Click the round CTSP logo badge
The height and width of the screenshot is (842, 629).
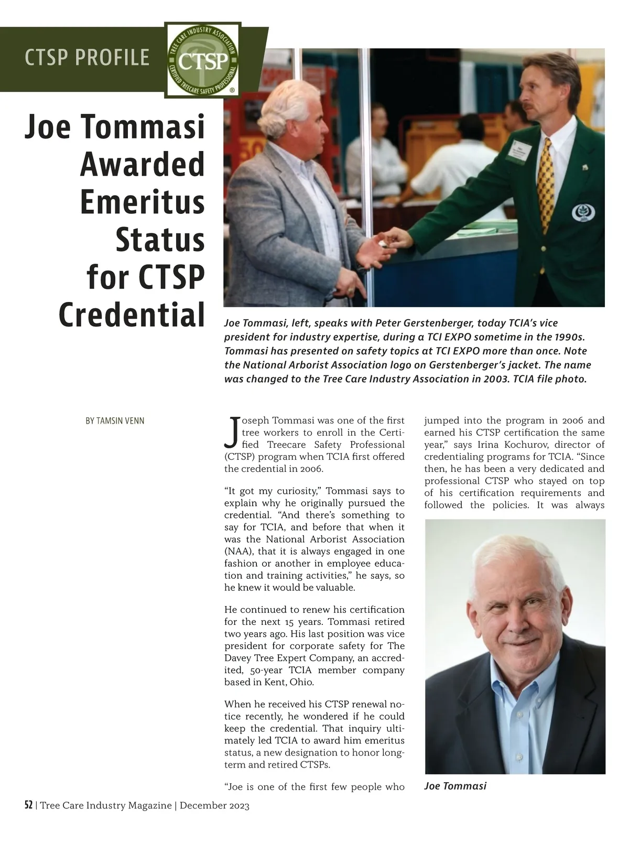click(203, 60)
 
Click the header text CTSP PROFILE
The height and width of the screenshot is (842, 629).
click(87, 57)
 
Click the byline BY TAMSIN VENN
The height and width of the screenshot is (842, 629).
click(115, 420)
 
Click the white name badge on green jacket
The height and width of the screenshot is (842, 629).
click(522, 152)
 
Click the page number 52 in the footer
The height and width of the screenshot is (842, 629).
click(28, 805)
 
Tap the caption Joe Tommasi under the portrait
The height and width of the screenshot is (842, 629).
click(455, 786)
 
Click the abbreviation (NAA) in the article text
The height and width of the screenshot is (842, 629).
click(237, 551)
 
